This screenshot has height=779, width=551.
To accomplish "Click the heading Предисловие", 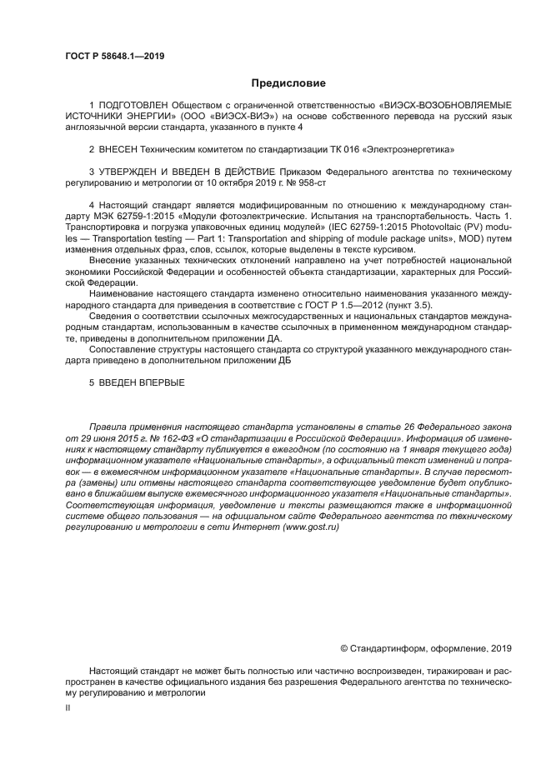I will coord(288,83).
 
